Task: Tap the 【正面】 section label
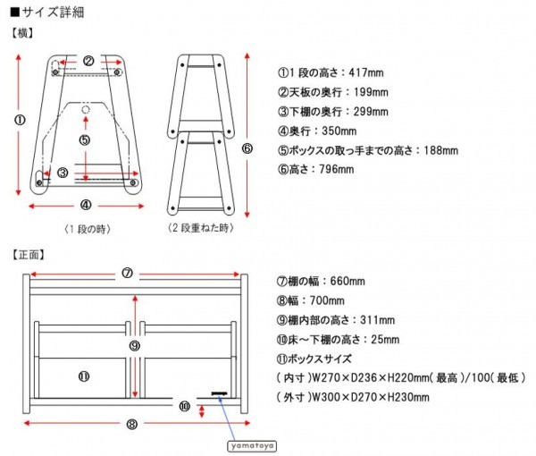coord(29,253)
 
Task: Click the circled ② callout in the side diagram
coord(88,61)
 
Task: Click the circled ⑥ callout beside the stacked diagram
coord(247,148)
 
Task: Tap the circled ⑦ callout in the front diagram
coord(127,274)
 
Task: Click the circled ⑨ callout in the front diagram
coord(133,344)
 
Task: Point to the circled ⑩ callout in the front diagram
coord(184,405)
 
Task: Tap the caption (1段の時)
coord(87,229)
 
